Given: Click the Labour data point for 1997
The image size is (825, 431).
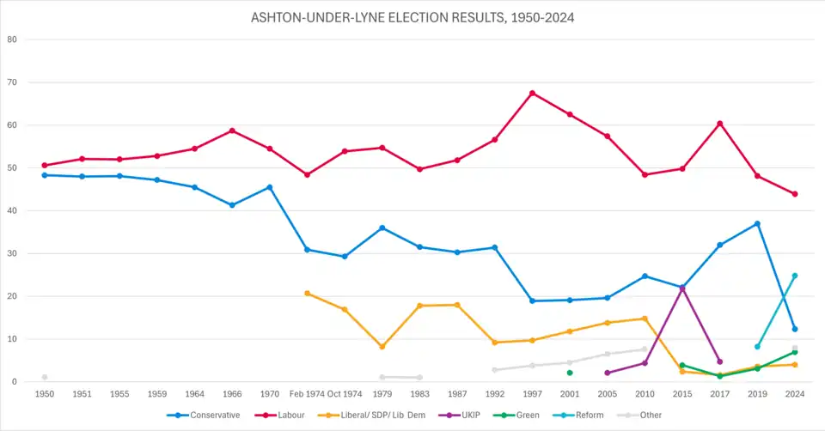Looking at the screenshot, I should (x=532, y=93).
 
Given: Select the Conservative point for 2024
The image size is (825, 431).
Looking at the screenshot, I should (x=795, y=329).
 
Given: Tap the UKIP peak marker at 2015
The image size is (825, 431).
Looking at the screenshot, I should (x=682, y=288).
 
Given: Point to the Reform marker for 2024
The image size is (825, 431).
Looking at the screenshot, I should (x=795, y=276).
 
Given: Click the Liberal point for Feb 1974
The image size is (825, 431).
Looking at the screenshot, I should (x=308, y=294).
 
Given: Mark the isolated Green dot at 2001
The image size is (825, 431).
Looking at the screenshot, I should (x=570, y=373).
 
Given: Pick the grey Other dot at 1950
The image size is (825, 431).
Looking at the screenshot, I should (x=45, y=377).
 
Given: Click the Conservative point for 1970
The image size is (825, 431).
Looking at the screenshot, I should (x=270, y=187).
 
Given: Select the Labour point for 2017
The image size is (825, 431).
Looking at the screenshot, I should (x=720, y=124).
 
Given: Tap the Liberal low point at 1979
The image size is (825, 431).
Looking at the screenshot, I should (x=382, y=347).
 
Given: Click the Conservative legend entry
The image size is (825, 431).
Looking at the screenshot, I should (x=211, y=416).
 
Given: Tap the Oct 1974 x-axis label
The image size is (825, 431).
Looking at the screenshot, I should (x=345, y=394).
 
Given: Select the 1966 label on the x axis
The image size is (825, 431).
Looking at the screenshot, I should (x=232, y=394).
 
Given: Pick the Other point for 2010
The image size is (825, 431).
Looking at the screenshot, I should (x=645, y=349).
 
